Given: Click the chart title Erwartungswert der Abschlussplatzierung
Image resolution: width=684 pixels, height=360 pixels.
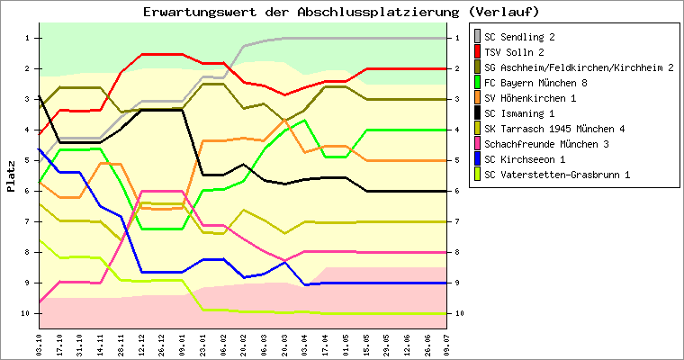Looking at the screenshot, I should (x=341, y=12).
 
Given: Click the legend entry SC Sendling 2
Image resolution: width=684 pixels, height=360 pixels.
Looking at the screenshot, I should (x=519, y=37).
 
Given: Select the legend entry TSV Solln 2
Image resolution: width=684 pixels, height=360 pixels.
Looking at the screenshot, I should (x=513, y=52).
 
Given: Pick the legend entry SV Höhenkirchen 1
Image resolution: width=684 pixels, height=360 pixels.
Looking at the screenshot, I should (x=530, y=98).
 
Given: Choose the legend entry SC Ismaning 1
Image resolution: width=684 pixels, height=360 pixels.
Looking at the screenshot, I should (x=520, y=113).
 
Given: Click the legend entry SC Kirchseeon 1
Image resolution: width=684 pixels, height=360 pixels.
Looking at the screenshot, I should (x=525, y=159).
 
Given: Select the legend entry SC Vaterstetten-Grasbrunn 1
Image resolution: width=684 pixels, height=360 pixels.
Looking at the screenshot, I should (x=556, y=175).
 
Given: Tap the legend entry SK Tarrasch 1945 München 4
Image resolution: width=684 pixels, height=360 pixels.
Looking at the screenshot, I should (x=556, y=129).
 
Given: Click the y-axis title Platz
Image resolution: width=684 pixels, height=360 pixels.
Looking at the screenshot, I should (x=12, y=175).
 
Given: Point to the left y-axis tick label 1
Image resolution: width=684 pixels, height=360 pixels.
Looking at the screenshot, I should (x=27, y=38).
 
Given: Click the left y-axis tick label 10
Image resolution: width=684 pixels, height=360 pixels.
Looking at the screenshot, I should (x=25, y=313).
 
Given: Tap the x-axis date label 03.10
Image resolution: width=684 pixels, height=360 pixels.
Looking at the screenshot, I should (x=39, y=343).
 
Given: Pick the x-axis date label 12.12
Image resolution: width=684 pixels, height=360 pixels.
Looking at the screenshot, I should (x=142, y=343).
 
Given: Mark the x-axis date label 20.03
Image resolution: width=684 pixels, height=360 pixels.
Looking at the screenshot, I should (x=284, y=343).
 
